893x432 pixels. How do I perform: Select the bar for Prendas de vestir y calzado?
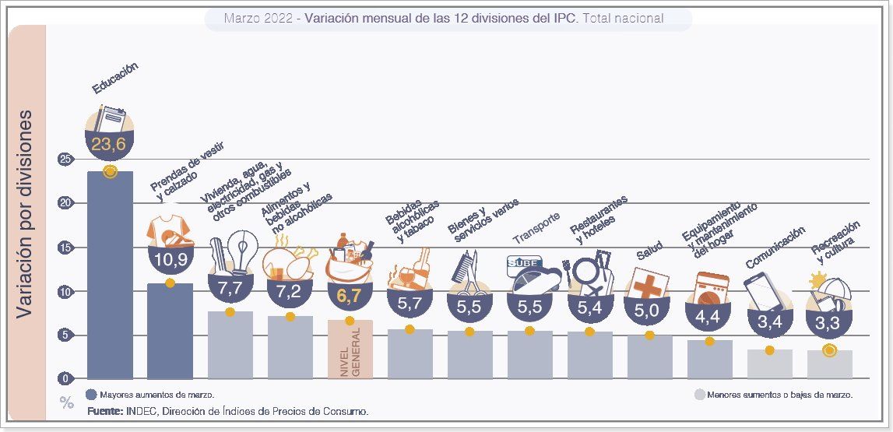(x=170, y=331)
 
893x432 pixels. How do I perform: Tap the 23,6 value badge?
(x=110, y=145)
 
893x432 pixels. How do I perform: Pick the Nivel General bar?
(x=350, y=349)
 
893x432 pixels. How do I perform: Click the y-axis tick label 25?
(x=65, y=160)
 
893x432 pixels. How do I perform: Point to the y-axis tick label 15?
(x=65, y=248)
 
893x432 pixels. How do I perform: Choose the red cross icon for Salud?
(x=647, y=286)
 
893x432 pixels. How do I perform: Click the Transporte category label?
(x=536, y=227)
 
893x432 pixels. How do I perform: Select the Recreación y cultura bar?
(x=829, y=364)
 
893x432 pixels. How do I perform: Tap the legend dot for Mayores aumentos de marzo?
(x=91, y=395)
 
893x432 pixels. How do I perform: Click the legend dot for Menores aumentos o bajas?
(x=699, y=395)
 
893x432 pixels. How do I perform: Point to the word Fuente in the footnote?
(x=104, y=410)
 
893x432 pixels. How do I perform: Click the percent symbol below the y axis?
(x=67, y=402)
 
